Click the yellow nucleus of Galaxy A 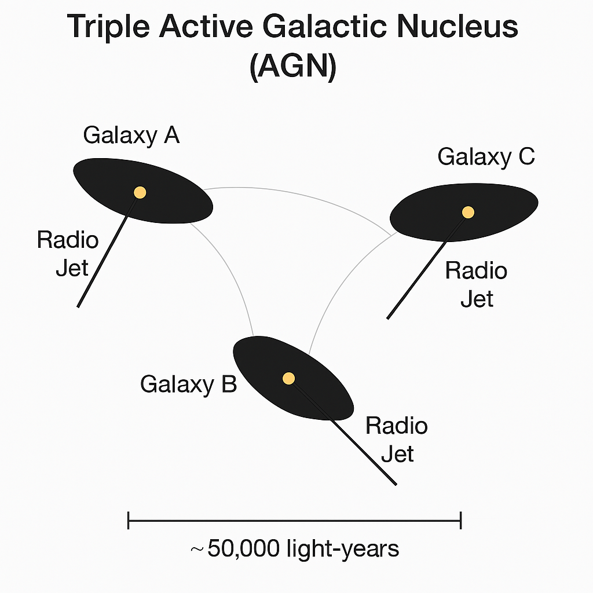point(140,192)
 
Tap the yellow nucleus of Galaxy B point(288,378)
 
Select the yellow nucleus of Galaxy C point(468,213)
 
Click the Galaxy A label point(131,135)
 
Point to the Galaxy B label point(188,383)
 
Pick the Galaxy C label point(486,156)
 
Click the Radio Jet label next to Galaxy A point(68,254)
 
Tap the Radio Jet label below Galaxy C point(476,285)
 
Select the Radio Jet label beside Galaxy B point(397,440)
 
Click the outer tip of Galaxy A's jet point(79,305)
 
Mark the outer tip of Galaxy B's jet point(395,484)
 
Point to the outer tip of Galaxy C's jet point(388,317)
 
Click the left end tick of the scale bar point(128,520)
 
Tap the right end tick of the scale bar point(460,520)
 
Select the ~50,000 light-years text point(294,548)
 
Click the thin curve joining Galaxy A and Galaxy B point(232,272)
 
